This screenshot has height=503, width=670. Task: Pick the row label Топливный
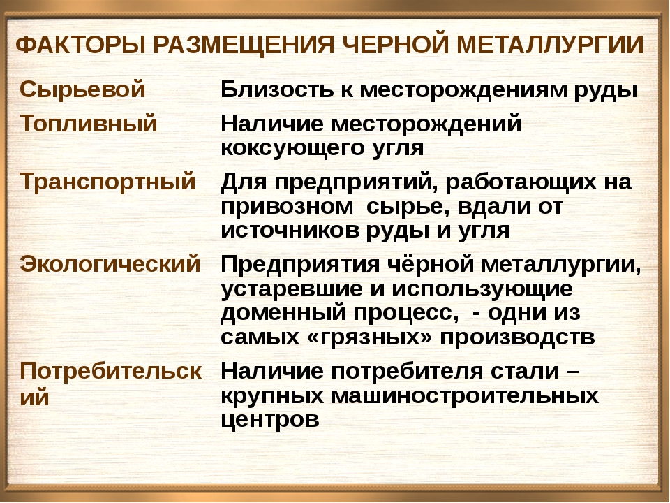click(88, 123)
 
